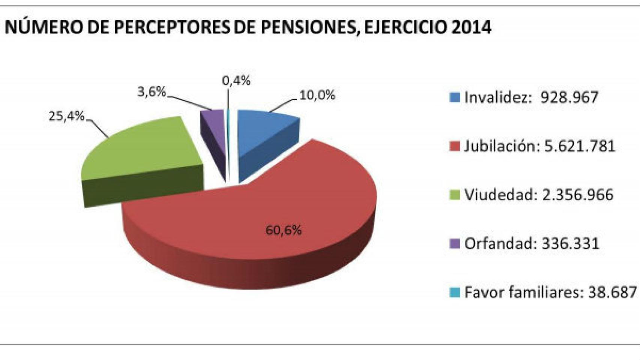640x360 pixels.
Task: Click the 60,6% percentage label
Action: click(284, 230)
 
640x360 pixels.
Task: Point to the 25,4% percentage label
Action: click(66, 116)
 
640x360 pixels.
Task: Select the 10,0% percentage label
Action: click(317, 95)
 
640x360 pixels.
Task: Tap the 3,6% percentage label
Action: click(152, 91)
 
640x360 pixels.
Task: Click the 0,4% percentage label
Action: click(236, 80)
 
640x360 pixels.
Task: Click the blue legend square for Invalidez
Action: click(455, 97)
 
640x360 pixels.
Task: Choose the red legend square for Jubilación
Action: click(455, 146)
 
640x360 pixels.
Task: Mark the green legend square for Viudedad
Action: click(455, 195)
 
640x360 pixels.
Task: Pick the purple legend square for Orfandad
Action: click(455, 244)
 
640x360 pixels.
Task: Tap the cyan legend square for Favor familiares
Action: click(455, 292)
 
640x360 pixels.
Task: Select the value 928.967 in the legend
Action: click(569, 97)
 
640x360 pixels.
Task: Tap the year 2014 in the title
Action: click(471, 27)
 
